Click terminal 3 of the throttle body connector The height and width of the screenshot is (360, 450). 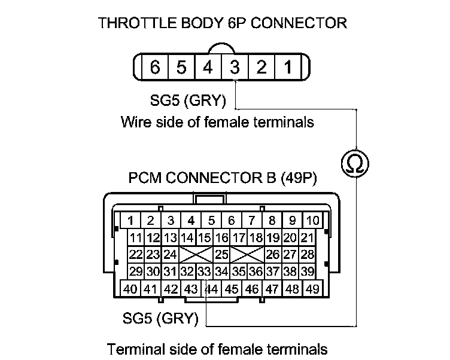click(235, 67)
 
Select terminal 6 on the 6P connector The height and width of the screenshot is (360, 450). click(155, 67)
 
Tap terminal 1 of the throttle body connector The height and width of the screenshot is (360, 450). click(288, 67)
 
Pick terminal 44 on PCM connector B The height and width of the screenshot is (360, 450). click(211, 289)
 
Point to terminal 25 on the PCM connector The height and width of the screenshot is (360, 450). click(221, 254)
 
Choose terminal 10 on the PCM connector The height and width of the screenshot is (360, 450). click(312, 219)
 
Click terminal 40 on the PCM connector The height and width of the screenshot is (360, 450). click(130, 289)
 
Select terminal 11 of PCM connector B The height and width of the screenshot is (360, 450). click(136, 237)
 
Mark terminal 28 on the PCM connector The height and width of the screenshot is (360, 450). click(308, 254)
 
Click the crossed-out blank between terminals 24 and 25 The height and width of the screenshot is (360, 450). click(196, 254)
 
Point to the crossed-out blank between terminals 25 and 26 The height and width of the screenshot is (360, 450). click(247, 254)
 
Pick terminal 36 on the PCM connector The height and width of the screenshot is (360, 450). click(256, 271)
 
